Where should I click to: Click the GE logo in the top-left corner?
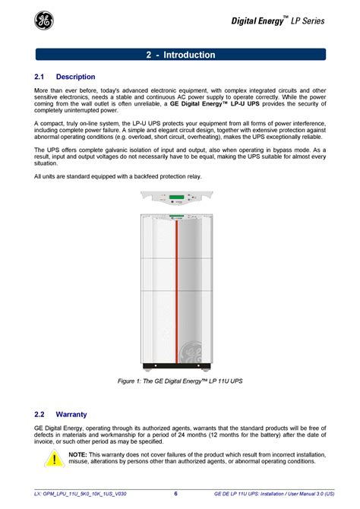click(x=44, y=21)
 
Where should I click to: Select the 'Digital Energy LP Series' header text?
click(x=277, y=21)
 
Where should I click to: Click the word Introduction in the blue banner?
click(x=189, y=55)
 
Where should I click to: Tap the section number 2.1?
click(x=39, y=77)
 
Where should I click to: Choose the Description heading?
click(x=76, y=77)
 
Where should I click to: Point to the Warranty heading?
click(x=71, y=414)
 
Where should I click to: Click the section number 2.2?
click(x=39, y=414)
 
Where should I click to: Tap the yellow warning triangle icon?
click(x=54, y=458)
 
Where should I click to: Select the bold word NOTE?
click(x=77, y=454)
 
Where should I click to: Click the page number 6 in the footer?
click(x=175, y=493)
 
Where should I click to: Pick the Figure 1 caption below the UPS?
click(x=180, y=381)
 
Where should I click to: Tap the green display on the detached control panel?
click(x=177, y=197)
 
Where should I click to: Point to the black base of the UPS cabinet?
click(x=177, y=366)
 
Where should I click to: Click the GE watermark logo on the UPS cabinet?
click(x=191, y=352)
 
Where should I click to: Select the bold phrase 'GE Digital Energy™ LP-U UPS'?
click(x=215, y=103)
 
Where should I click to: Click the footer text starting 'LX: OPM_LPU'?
click(x=81, y=494)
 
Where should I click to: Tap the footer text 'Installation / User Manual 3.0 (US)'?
click(x=298, y=494)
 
